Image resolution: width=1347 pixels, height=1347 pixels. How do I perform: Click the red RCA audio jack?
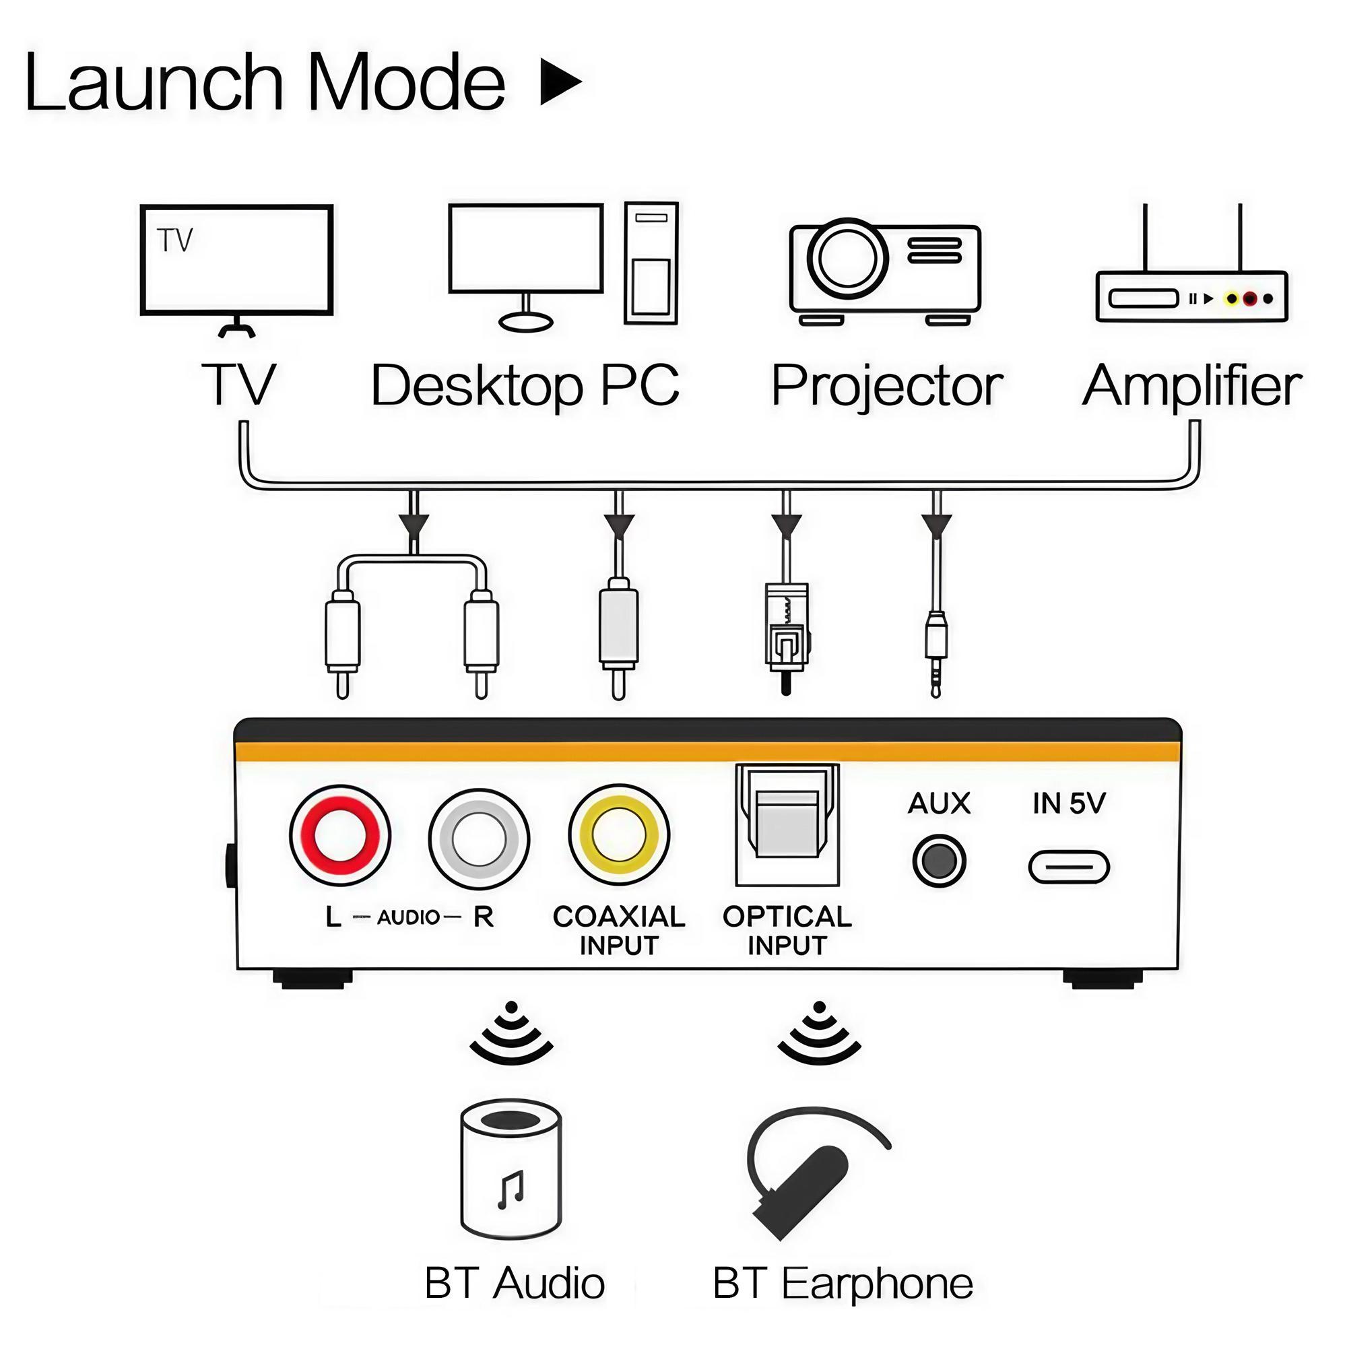340,836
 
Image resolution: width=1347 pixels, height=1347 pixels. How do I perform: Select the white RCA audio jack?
479,839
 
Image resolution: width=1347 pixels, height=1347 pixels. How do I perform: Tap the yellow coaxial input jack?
618,835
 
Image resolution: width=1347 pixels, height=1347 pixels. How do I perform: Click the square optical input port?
787,824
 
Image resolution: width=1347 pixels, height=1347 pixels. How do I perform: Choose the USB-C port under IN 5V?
1068,867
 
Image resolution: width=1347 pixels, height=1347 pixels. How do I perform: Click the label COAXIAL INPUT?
618,931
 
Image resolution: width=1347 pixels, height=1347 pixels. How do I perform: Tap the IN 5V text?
1068,803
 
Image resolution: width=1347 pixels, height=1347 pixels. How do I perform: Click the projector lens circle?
847,258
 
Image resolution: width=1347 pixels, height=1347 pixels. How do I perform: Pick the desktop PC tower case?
651,263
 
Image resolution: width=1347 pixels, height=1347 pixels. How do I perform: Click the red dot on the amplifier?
1249,299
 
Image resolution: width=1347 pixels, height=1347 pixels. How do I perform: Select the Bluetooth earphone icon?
809,1178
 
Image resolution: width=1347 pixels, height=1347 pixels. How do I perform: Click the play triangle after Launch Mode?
560,82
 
